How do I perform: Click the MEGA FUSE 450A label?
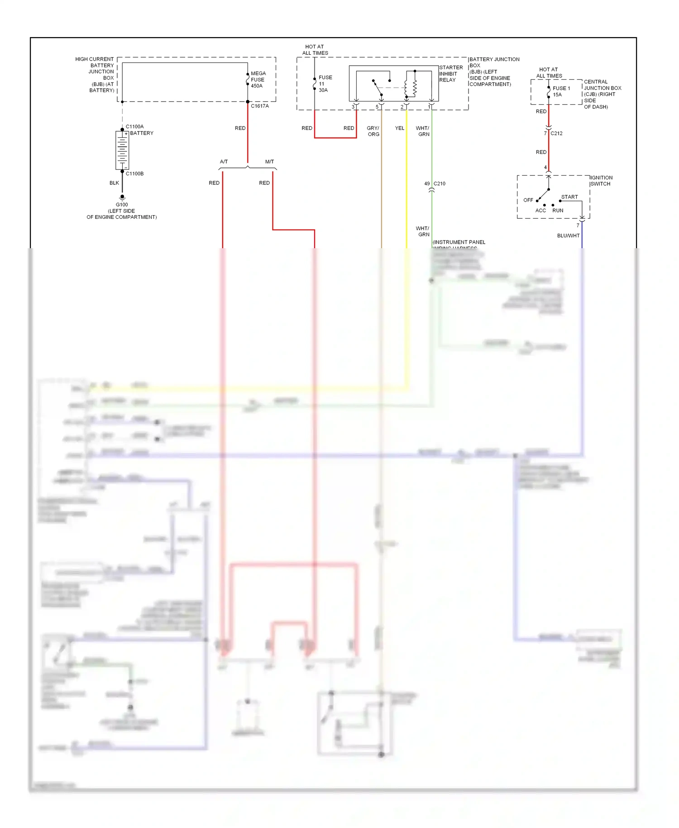pos(258,80)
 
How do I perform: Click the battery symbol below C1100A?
pos(122,150)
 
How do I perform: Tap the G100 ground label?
pos(122,205)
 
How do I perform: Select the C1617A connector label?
pos(260,106)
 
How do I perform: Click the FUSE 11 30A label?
pos(325,84)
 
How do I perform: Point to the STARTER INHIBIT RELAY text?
pos(450,74)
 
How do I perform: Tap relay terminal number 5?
pos(377,107)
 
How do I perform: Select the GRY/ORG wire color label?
pos(373,131)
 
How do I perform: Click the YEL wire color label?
pos(400,128)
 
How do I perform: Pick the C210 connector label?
pos(440,183)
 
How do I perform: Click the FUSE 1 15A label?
pos(561,91)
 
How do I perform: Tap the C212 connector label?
pos(556,133)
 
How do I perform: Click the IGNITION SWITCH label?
pos(601,181)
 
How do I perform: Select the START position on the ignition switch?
pos(569,197)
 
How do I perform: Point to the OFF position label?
pos(528,200)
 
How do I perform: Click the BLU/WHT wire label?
pos(568,236)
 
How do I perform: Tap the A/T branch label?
pos(224,162)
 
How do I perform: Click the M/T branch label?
pos(269,162)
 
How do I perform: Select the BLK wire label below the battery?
pos(114,183)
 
